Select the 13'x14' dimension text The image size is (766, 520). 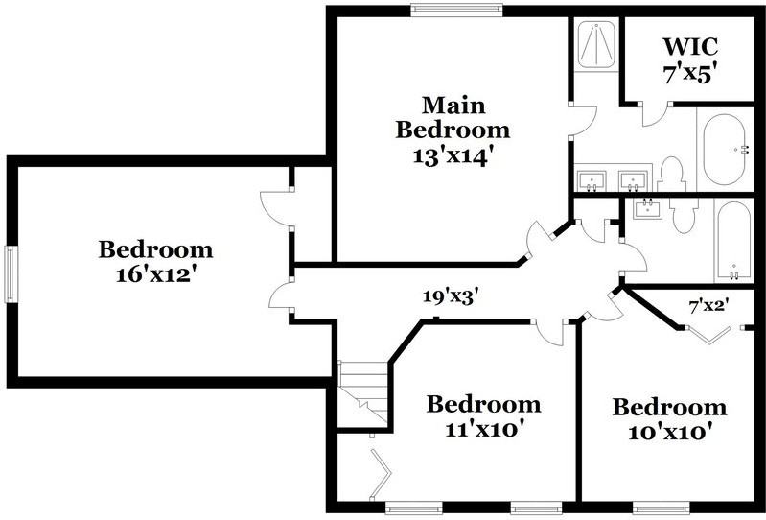point(453,155)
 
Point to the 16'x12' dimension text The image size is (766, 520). point(156,274)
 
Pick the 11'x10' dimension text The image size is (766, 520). point(483,429)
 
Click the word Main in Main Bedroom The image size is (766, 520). point(454,104)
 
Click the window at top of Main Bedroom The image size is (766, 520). point(455,11)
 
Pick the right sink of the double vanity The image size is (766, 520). point(633,179)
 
